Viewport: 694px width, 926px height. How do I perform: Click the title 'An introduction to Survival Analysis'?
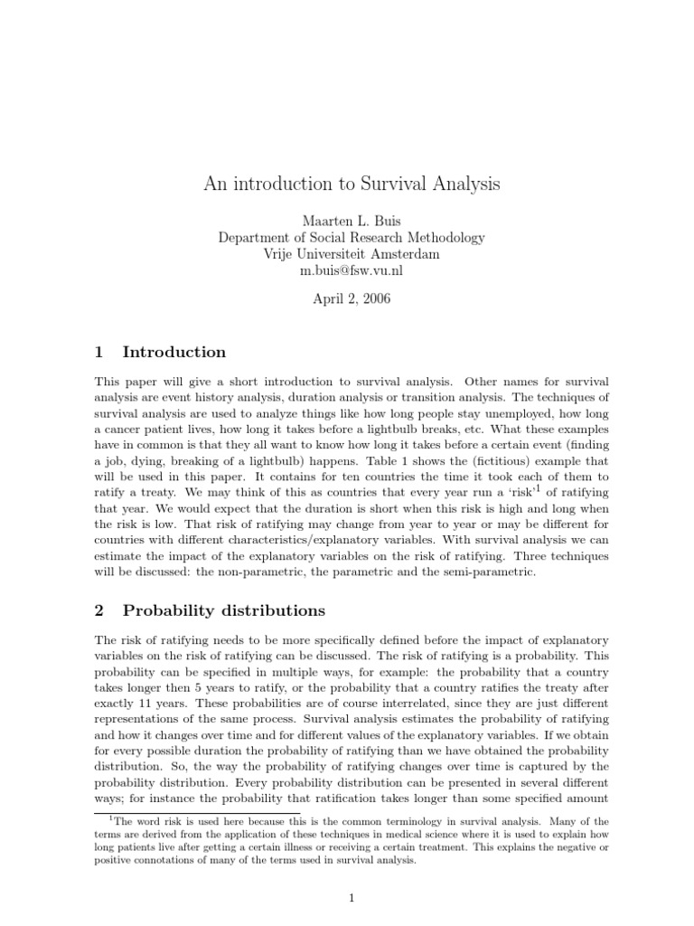(x=351, y=184)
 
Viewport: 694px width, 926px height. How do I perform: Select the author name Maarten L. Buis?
(x=351, y=222)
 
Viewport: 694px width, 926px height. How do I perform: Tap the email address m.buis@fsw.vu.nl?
(x=351, y=270)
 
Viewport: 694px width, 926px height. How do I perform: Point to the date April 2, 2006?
(x=351, y=299)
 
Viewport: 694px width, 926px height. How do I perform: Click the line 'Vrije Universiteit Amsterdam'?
(x=351, y=254)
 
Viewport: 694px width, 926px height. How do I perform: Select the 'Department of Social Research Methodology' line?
(x=351, y=238)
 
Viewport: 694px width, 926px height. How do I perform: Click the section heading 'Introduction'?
(x=173, y=352)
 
